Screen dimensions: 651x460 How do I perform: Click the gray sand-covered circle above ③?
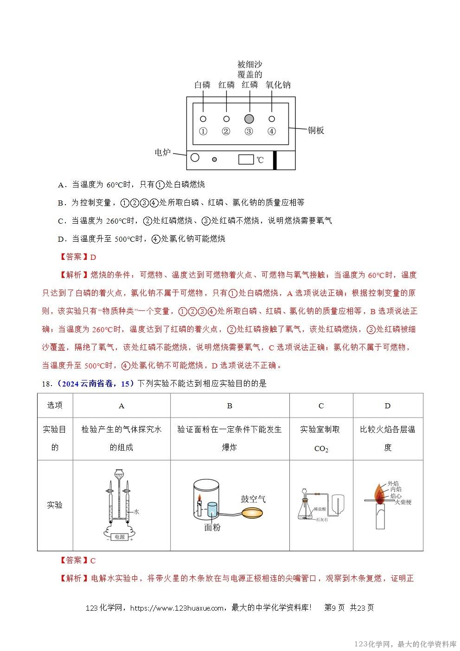coord(249,119)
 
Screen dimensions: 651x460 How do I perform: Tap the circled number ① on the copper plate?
coord(203,131)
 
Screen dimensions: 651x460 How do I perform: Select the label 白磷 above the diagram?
coord(203,85)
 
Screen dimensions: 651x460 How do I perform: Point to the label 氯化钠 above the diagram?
coord(278,85)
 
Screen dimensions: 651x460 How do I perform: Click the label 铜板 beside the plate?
coord(316,130)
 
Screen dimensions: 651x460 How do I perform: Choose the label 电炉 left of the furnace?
coord(163,152)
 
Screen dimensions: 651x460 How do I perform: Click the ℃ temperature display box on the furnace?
coord(246,159)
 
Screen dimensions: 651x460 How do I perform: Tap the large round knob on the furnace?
coord(195,157)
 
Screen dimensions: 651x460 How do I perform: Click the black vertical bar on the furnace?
coord(275,160)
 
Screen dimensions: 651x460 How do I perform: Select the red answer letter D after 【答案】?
coord(93,257)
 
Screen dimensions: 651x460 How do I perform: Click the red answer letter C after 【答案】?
coord(93,561)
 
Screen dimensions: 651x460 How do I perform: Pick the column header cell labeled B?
coord(230,406)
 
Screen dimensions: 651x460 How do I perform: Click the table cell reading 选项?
coord(55,405)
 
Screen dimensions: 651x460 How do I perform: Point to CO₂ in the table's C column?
coord(321,449)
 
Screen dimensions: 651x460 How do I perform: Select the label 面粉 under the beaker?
coord(212,528)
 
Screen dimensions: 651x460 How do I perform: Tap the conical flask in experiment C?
coord(306,511)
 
